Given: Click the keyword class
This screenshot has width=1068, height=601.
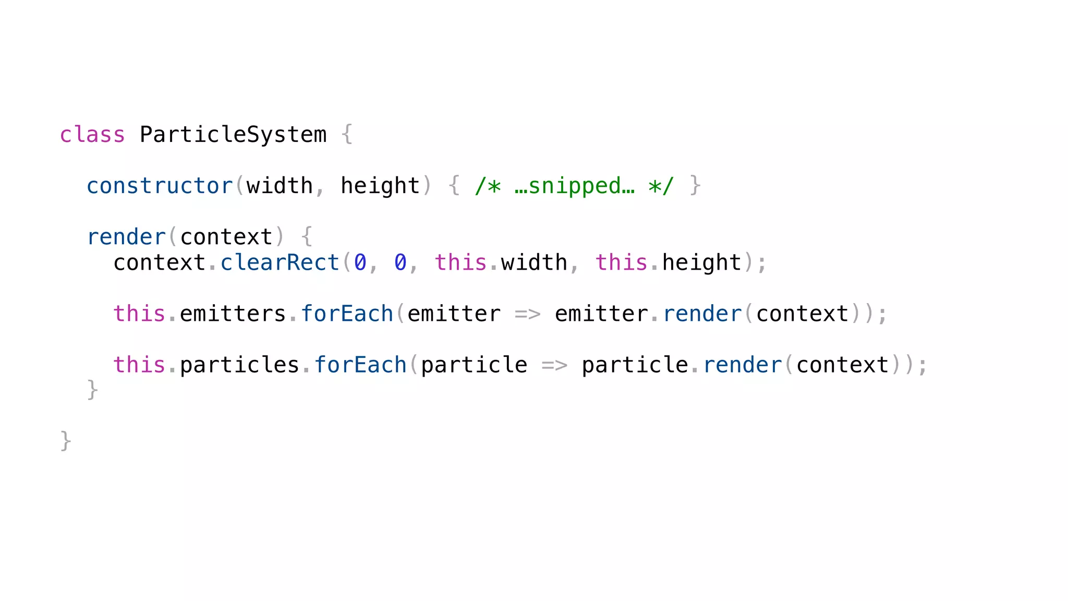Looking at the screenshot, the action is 92,135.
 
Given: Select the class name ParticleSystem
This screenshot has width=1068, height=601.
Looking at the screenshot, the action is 233,135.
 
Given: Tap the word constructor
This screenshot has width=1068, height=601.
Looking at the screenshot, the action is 160,186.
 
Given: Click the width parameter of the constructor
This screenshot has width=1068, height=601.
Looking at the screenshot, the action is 280,186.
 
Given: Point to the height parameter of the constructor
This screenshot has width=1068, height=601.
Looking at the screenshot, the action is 380,186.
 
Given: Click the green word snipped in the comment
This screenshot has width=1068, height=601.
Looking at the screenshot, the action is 575,186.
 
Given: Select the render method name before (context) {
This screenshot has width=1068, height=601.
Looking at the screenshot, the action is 126,237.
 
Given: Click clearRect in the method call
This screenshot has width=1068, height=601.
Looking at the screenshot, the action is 280,262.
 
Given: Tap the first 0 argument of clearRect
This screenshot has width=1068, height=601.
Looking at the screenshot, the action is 360,262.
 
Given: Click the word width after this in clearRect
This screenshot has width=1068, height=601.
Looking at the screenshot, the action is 534,262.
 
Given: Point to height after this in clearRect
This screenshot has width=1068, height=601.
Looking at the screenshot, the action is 701,262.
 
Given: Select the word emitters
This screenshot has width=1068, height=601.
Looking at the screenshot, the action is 233,314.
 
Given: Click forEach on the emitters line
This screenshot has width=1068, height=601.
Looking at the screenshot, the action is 347,314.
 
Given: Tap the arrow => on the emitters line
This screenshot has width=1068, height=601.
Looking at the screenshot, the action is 527,314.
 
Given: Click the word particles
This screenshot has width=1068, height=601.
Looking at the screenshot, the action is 239,365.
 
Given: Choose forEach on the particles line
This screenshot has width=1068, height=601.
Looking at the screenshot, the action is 360,365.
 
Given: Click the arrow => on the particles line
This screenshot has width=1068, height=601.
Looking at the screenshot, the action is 554,365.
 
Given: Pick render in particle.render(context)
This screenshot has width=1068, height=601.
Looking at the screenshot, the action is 743,365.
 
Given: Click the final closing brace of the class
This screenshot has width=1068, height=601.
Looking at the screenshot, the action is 66,441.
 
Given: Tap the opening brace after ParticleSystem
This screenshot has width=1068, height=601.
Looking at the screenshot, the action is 347,135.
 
